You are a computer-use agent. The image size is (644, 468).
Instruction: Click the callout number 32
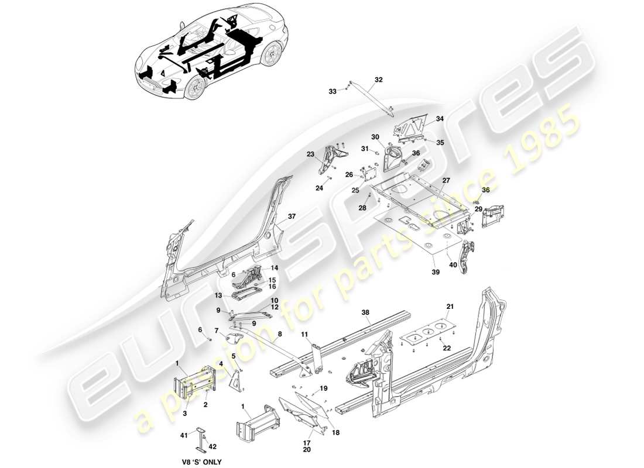click(378, 80)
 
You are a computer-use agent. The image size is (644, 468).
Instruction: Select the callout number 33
click(332, 91)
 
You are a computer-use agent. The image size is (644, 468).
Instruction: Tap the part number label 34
click(440, 119)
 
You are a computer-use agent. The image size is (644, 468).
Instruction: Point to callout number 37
click(292, 216)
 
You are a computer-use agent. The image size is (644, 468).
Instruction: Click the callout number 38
click(366, 313)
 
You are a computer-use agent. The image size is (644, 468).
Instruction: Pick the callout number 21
click(450, 307)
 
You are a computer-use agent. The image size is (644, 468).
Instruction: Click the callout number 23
click(310, 154)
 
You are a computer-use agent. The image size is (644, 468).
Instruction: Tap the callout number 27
click(446, 180)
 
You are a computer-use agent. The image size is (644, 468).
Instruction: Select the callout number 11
click(305, 334)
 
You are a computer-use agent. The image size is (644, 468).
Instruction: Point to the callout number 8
click(280, 334)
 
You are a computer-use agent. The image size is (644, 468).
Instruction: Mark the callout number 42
click(213, 447)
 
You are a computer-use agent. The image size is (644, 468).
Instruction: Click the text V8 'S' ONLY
click(201, 462)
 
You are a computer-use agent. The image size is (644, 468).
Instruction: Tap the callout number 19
click(324, 388)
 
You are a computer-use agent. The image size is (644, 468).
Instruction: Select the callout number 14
click(274, 267)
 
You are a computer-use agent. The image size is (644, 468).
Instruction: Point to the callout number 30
click(375, 137)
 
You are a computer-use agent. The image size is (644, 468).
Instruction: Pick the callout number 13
click(218, 295)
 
